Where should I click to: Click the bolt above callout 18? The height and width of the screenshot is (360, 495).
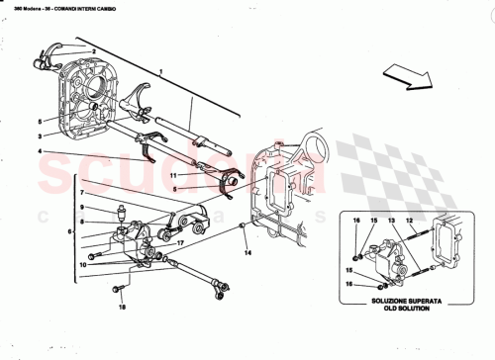(x=119, y=289)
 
